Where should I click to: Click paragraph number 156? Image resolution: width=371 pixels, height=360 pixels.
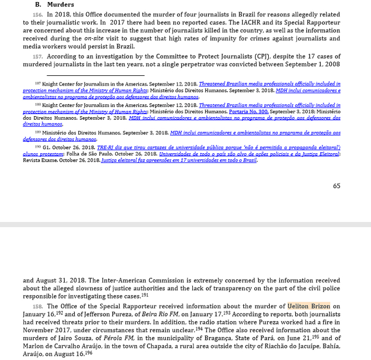click(37, 15)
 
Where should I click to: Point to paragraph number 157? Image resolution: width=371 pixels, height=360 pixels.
click(37, 56)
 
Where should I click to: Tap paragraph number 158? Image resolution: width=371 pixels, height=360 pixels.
click(37, 306)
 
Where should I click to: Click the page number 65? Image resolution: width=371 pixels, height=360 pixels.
click(337, 186)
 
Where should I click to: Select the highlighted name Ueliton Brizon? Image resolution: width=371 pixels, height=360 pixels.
click(308, 306)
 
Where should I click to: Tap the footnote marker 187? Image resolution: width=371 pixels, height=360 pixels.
click(38, 83)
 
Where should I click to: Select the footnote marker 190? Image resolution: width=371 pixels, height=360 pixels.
click(38, 146)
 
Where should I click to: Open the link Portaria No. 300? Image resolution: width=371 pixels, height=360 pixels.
click(248, 112)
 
